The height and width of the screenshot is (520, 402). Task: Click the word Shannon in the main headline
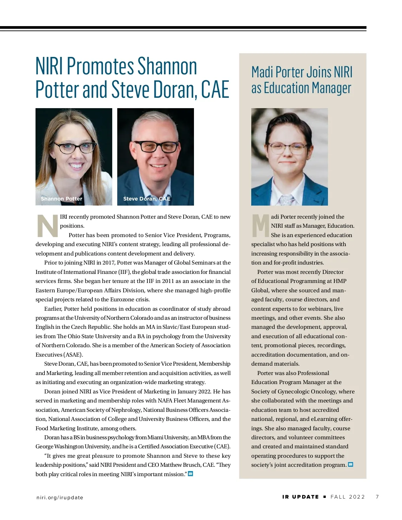pyautogui.click(x=167, y=66)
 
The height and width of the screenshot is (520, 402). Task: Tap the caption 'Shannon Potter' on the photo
pyautogui.click(x=61, y=199)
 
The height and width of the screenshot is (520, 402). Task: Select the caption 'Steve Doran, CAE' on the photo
pyautogui.click(x=147, y=199)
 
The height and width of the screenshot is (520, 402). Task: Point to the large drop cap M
pyautogui.click(x=260, y=225)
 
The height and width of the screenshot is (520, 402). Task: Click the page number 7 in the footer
pyautogui.click(x=377, y=497)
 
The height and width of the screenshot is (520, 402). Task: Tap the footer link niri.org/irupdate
pyautogui.click(x=60, y=498)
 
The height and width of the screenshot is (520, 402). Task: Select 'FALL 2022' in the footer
pyautogui.click(x=347, y=497)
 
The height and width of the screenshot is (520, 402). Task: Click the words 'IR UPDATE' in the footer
pyautogui.click(x=300, y=497)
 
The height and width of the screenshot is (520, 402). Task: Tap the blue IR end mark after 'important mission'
pyautogui.click(x=190, y=474)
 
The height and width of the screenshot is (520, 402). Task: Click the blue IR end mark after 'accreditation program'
pyautogui.click(x=350, y=464)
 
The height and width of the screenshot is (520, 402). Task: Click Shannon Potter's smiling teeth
pyautogui.click(x=76, y=165)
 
